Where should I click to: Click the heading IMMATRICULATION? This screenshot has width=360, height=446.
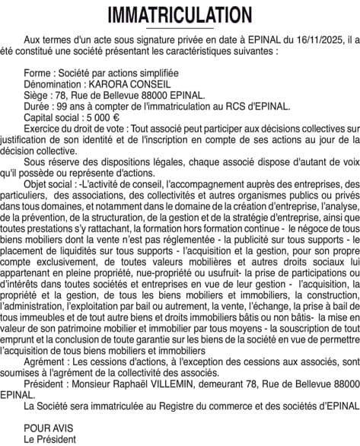180,14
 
